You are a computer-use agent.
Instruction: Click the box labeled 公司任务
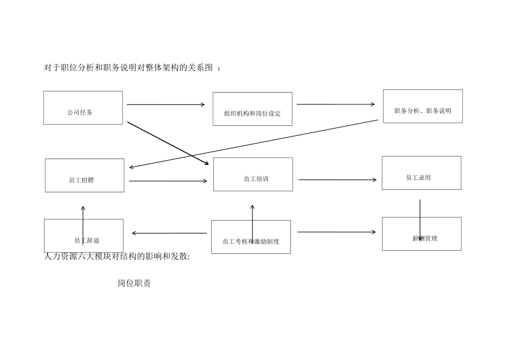click(x=83, y=108)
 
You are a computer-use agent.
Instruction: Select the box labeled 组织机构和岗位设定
click(x=252, y=109)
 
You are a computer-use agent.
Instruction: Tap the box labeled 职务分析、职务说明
click(x=423, y=106)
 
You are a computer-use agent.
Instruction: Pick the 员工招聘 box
click(x=85, y=175)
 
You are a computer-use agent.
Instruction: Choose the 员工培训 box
click(x=253, y=174)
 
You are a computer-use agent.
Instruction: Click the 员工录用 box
click(x=421, y=172)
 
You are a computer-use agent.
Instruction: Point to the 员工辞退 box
click(x=84, y=236)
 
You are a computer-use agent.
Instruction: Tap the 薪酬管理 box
click(x=422, y=234)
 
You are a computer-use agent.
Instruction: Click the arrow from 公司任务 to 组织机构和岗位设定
click(x=166, y=104)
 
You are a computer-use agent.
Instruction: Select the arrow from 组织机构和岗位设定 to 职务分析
click(x=335, y=104)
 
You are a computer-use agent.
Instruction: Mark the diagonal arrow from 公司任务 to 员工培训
click(x=168, y=143)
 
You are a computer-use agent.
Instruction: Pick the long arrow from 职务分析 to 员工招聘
click(x=254, y=144)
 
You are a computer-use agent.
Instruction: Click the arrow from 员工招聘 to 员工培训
click(x=168, y=181)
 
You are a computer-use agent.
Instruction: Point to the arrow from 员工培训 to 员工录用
click(x=337, y=180)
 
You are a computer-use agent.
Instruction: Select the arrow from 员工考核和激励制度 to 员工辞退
click(x=169, y=233)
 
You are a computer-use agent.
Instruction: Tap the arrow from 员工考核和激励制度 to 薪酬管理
click(x=336, y=232)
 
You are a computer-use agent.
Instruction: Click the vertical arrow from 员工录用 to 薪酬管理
click(x=420, y=220)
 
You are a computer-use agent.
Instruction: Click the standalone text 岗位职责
click(x=134, y=283)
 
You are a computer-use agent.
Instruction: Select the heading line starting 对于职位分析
click(x=131, y=67)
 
